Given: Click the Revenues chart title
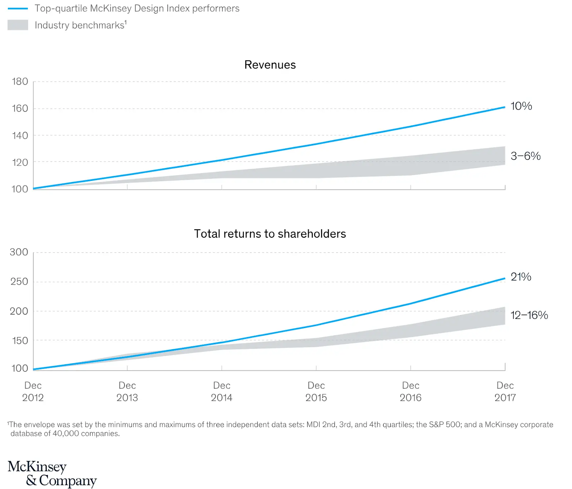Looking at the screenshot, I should pyautogui.click(x=270, y=65).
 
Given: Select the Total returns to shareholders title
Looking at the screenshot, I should pyautogui.click(x=270, y=234).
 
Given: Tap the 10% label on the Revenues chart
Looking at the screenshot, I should pyautogui.click(x=521, y=106).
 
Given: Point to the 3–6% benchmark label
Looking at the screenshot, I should pyautogui.click(x=525, y=156).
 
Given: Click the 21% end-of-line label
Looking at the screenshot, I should pyautogui.click(x=521, y=277).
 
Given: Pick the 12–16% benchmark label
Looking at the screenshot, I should pyautogui.click(x=529, y=315).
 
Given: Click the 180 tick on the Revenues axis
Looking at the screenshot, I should pyautogui.click(x=20, y=81).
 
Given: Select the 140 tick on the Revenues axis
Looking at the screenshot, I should pyautogui.click(x=20, y=135).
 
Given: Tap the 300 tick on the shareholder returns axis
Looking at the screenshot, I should pyautogui.click(x=19, y=252).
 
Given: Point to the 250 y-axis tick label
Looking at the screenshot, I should pyautogui.click(x=19, y=282).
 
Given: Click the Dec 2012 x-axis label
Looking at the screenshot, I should pyautogui.click(x=33, y=391).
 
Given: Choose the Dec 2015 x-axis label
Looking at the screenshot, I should pyautogui.click(x=316, y=391).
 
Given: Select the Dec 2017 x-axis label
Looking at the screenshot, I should pyautogui.click(x=505, y=391).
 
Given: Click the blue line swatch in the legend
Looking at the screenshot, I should pyautogui.click(x=18, y=9).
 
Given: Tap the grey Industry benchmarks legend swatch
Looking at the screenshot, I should pyautogui.click(x=18, y=25).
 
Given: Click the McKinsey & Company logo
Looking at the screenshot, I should pyautogui.click(x=52, y=473).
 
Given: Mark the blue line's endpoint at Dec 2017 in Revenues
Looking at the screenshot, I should pyautogui.click(x=504, y=107).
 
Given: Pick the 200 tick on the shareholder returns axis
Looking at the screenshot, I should pyautogui.click(x=19, y=311).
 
